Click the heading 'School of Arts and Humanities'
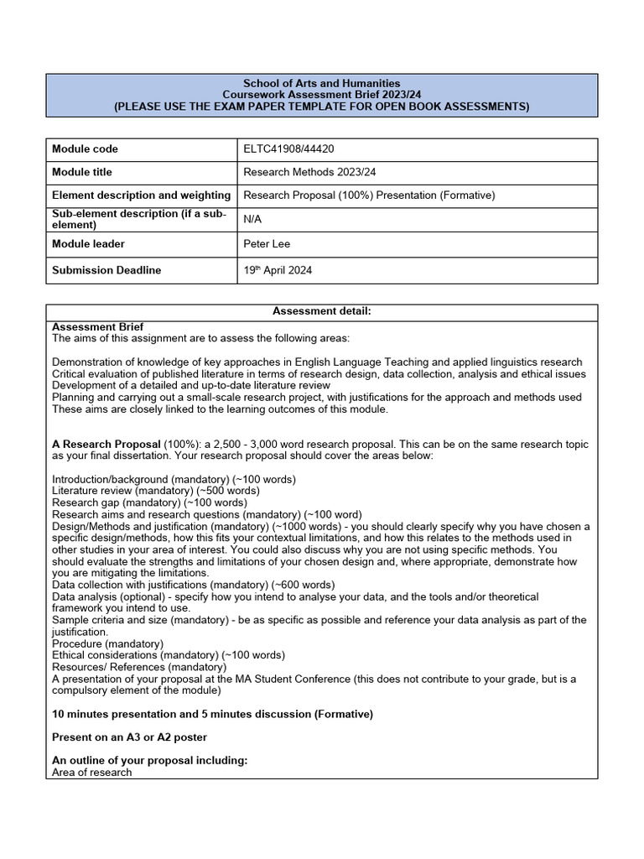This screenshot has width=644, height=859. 321,83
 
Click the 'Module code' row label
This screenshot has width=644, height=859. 85,149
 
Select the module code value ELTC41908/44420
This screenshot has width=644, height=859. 288,149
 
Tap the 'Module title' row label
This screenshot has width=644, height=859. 82,172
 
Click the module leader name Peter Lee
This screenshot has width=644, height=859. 266,244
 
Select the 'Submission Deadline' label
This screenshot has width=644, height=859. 106,270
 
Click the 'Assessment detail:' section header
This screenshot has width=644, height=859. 321,311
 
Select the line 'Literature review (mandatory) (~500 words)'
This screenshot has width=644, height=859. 155,490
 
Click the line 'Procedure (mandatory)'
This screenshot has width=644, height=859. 107,643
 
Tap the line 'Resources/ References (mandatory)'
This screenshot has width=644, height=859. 139,667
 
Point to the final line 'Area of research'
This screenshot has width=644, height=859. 91,773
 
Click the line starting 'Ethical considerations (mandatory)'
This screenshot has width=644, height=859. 168,655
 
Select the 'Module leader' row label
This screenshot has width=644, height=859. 88,244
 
